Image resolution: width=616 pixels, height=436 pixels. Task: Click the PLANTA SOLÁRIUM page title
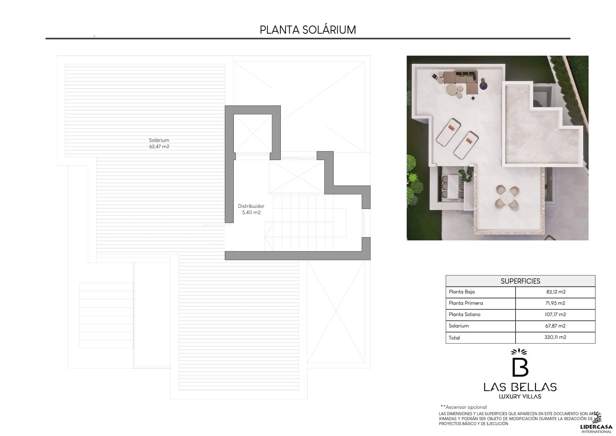click(x=308, y=30)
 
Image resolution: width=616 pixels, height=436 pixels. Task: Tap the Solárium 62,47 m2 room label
click(x=159, y=143)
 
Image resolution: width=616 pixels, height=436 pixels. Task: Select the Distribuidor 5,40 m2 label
click(x=251, y=209)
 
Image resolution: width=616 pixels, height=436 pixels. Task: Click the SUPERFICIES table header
click(x=520, y=281)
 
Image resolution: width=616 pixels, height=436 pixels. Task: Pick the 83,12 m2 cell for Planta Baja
click(x=556, y=292)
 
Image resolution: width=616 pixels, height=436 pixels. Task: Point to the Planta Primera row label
click(x=465, y=303)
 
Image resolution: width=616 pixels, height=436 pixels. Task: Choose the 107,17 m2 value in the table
click(x=555, y=315)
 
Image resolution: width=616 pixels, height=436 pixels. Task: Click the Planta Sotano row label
click(x=464, y=315)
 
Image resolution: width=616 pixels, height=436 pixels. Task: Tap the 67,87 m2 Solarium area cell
click(x=555, y=326)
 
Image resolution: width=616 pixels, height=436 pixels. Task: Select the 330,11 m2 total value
click(x=555, y=337)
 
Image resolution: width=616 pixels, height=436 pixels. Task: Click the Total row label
click(x=454, y=338)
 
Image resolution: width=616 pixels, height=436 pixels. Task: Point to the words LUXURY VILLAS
click(x=520, y=396)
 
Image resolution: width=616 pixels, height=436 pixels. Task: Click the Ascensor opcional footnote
click(x=464, y=407)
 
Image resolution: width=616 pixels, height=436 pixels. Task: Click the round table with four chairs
click(x=507, y=198)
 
